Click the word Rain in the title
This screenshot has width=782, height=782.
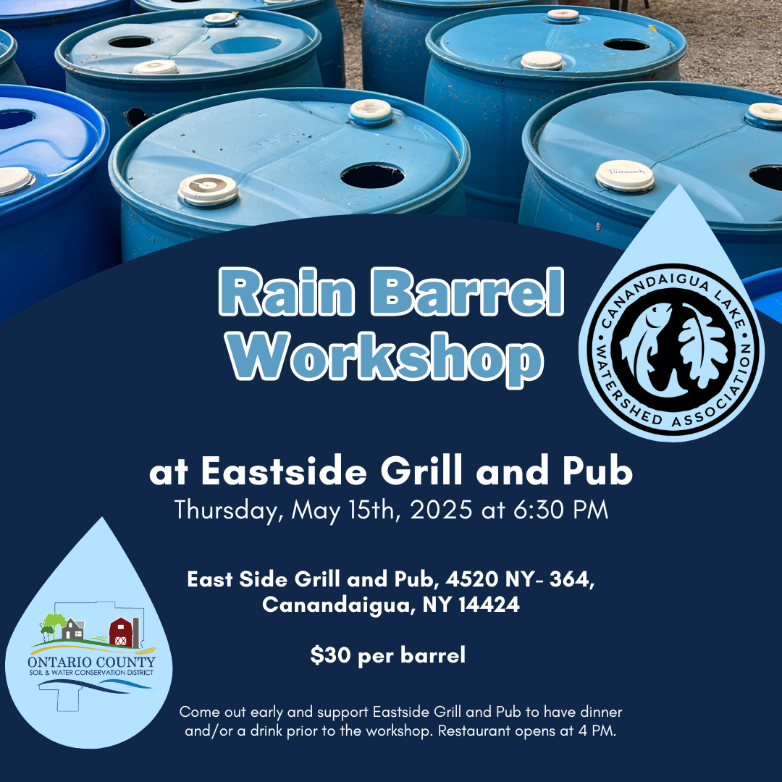(287, 293)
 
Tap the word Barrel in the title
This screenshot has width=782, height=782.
(468, 293)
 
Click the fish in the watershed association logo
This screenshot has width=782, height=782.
(647, 344)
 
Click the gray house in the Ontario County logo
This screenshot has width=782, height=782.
(73, 629)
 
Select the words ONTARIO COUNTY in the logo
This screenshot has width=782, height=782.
(91, 663)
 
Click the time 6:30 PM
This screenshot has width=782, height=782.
(560, 510)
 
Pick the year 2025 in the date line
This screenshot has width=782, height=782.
(441, 510)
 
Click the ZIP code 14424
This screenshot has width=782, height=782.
(489, 605)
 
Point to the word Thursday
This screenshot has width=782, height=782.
(229, 510)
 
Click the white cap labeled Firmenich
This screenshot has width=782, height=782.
(624, 176)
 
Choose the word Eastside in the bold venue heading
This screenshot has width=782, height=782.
(284, 471)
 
